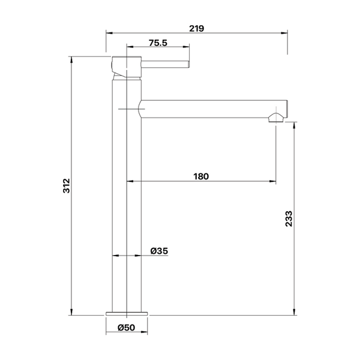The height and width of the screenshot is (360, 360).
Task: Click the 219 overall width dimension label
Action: click(197, 28)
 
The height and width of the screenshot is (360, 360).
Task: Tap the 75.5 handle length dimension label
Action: click(158, 43)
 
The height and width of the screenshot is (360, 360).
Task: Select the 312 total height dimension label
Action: click(67, 185)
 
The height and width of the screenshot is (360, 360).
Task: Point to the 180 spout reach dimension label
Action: click(201, 176)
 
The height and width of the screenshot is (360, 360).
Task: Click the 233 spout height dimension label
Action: click(289, 219)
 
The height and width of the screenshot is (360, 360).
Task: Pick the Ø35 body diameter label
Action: click(159, 251)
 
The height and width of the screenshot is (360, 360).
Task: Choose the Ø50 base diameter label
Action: click(126, 328)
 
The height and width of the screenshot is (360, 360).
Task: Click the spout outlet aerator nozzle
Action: click(276, 118)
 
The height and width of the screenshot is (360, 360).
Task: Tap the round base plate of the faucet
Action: click(127, 314)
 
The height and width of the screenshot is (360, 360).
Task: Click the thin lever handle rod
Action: click(165, 65)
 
